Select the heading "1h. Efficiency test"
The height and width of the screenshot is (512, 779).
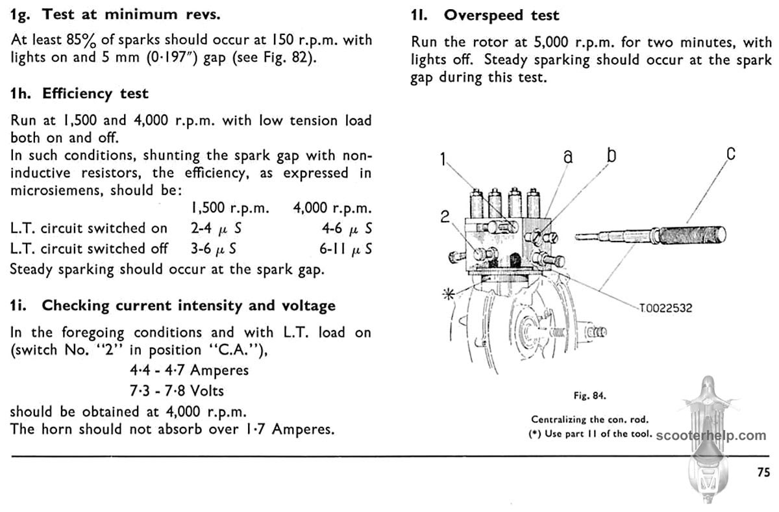coord(79,94)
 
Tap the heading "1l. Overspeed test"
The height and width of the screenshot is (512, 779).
coord(485,15)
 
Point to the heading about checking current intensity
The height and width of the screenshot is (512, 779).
coord(173,305)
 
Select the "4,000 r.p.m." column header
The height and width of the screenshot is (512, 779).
coord(332,209)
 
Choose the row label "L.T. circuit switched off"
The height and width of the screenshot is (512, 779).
coord(89,249)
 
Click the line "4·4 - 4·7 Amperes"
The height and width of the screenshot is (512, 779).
coord(190,370)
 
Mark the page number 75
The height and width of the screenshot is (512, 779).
coord(763,472)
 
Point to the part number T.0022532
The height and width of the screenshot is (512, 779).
coord(665,308)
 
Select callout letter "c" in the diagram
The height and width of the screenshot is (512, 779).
coord(730,154)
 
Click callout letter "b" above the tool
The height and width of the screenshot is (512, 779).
coord(611,155)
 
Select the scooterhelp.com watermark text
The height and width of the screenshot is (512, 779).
coord(711,435)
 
